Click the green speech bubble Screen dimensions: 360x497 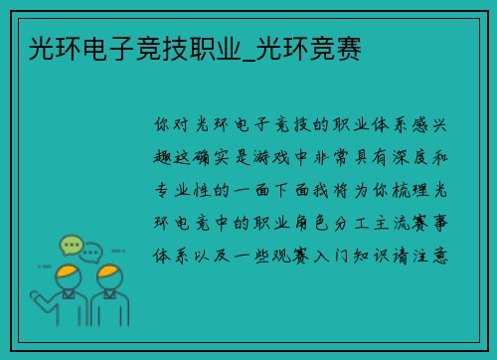[71, 244]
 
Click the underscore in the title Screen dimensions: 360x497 [246, 55]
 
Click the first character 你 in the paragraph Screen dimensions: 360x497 [162, 126]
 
